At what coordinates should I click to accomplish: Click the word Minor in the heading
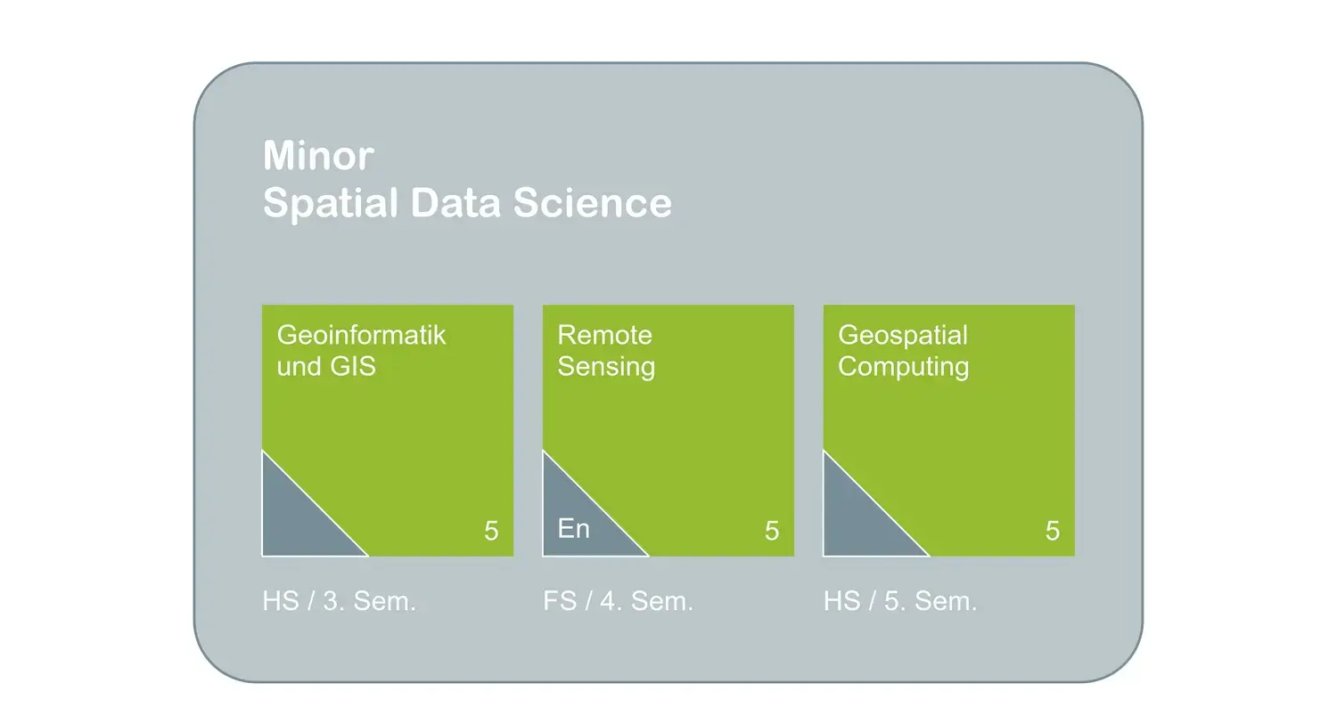click(x=319, y=156)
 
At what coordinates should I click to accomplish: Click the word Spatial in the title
click(x=331, y=204)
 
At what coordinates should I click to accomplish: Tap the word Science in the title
click(x=593, y=203)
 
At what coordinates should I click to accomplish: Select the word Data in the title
click(x=455, y=203)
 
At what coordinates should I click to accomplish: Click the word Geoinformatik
click(x=361, y=335)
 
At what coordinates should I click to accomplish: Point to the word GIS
click(x=353, y=366)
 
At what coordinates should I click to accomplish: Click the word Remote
click(x=604, y=335)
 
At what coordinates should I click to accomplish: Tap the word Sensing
click(x=606, y=367)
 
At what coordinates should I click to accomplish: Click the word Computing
click(x=903, y=367)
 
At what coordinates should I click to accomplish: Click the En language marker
click(x=574, y=529)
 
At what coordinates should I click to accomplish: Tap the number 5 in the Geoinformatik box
click(x=491, y=531)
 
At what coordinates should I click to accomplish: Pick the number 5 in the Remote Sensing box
click(x=772, y=531)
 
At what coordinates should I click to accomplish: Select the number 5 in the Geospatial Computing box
click(x=1053, y=531)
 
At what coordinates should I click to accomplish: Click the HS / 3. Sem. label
click(x=339, y=601)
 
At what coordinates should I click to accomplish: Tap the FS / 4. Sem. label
click(x=618, y=601)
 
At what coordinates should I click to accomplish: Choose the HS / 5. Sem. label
click(x=900, y=601)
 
